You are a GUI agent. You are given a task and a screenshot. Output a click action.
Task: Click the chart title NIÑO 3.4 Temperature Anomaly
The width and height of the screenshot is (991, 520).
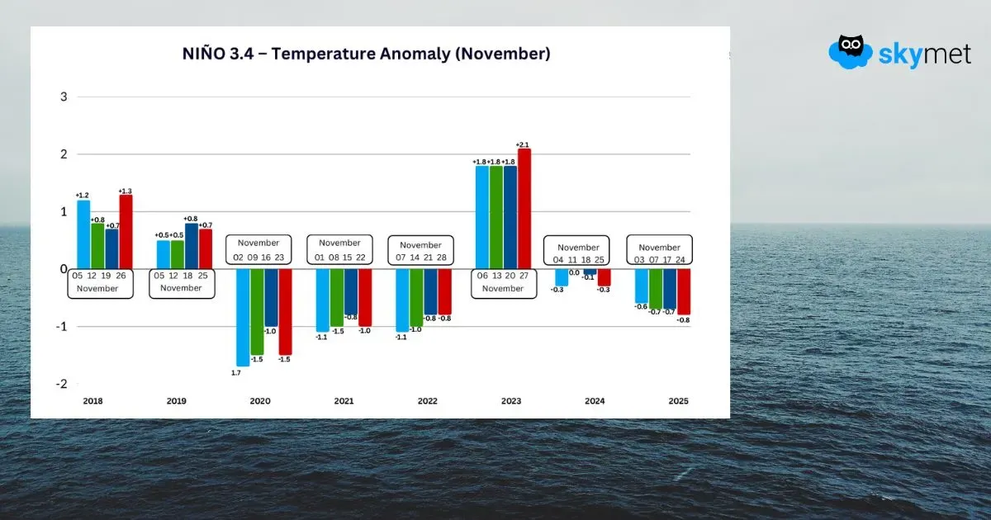click(x=366, y=54)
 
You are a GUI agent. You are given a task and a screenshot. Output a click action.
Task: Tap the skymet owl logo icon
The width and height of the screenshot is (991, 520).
click(x=851, y=51)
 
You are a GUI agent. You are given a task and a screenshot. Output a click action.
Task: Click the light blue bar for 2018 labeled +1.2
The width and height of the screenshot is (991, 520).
click(x=83, y=234)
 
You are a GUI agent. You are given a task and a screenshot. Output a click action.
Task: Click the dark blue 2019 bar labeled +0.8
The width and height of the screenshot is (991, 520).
click(x=192, y=245)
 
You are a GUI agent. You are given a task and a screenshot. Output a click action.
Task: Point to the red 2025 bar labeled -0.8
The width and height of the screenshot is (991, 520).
click(x=684, y=292)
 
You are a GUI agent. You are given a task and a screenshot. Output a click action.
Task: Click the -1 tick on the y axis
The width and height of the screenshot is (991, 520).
click(x=59, y=327)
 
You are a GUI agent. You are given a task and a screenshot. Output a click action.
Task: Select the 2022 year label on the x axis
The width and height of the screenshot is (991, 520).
click(x=427, y=401)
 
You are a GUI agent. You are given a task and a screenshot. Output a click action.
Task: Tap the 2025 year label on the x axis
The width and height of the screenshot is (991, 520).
click(x=678, y=401)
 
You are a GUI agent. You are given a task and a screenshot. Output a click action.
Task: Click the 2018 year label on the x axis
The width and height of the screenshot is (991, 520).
click(x=93, y=401)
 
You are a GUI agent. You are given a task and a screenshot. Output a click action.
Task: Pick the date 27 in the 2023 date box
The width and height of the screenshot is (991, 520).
click(x=524, y=277)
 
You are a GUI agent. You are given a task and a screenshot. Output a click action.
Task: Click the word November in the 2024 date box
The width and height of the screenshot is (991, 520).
click(x=578, y=248)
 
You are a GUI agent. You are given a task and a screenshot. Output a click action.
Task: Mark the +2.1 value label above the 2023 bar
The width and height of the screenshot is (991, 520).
click(x=522, y=145)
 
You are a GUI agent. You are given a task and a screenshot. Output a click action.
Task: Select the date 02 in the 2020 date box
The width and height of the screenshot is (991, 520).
click(x=239, y=258)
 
